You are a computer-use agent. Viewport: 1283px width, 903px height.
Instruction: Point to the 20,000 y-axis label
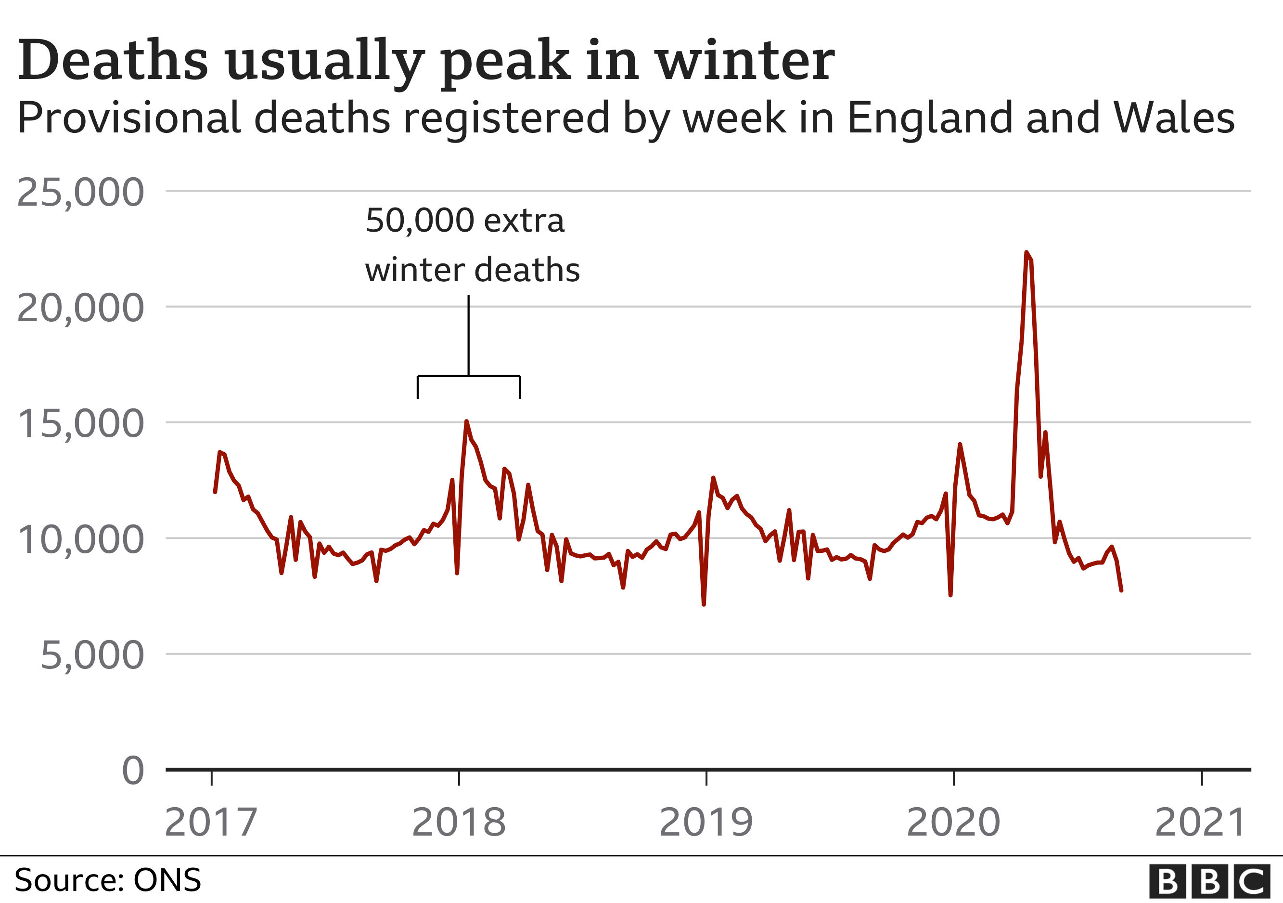click(80, 308)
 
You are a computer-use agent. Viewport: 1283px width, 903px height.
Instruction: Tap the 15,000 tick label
click(80, 424)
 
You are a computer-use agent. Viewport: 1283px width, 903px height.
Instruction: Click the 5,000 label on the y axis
click(92, 655)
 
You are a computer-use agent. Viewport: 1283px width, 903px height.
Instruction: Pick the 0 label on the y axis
click(133, 771)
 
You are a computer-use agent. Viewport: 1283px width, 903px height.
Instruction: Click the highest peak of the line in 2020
click(1026, 252)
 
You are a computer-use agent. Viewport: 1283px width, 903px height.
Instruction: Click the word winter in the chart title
click(745, 60)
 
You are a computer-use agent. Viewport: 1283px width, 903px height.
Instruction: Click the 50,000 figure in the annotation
click(420, 221)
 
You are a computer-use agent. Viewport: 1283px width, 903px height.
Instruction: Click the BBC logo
click(1209, 882)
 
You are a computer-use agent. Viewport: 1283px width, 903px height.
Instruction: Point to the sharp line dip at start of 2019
click(704, 604)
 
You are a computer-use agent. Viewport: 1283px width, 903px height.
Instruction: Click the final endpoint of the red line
click(1121, 590)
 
